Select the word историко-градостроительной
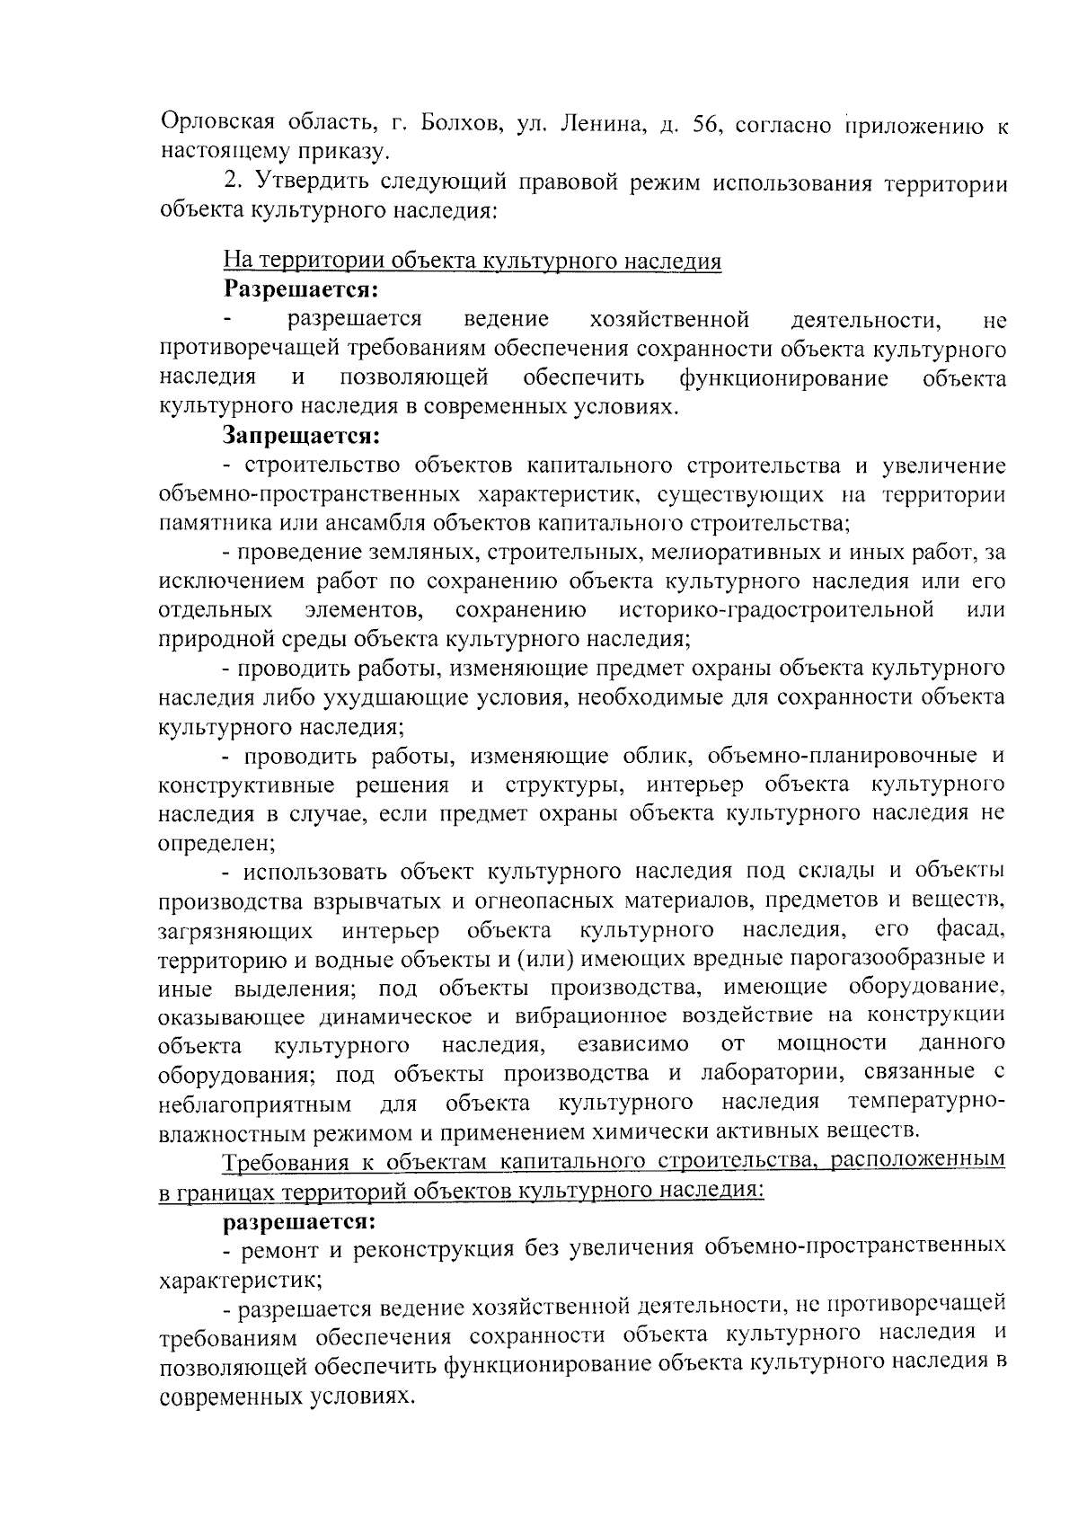click(776, 610)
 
